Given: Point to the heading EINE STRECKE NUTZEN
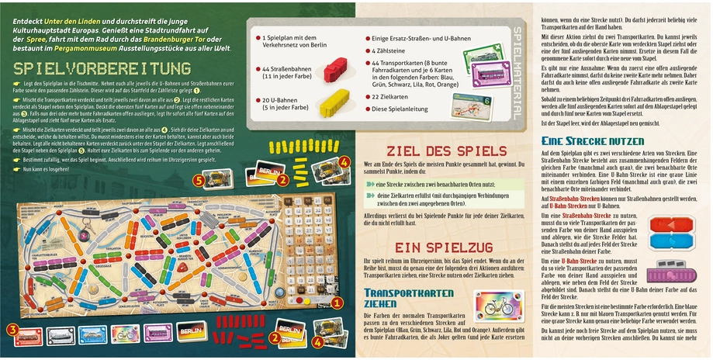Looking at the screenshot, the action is pyautogui.click(x=594, y=141).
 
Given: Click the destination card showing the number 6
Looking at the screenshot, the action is pyautogui.click(x=477, y=104).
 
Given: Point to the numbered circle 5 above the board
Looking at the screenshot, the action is pyautogui.click(x=199, y=179).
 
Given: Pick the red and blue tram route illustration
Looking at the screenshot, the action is pyautogui.click(x=672, y=234).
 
